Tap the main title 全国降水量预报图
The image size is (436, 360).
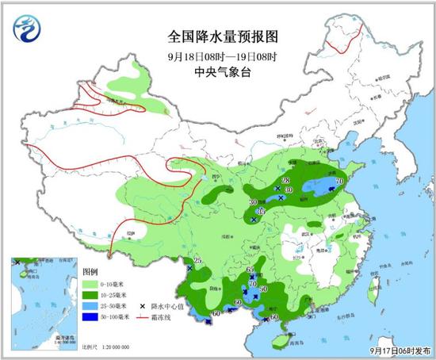(216, 36)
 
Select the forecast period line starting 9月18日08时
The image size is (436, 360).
(216, 56)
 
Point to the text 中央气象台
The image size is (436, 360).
(216, 71)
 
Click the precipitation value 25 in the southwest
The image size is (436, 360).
(198, 261)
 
